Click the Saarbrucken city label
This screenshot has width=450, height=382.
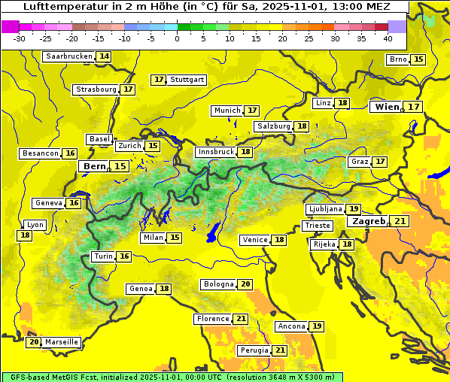(69, 56)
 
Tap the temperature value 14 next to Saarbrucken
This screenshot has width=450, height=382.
(104, 56)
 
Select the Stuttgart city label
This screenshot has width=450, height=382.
(187, 80)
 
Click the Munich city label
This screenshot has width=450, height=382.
(227, 111)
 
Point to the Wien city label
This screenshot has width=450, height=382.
(388, 107)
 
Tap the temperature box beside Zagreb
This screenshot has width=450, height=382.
(400, 221)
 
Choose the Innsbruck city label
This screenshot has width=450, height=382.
(215, 152)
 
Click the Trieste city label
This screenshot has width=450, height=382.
(317, 226)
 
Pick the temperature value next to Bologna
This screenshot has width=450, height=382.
(245, 284)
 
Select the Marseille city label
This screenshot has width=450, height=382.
(61, 342)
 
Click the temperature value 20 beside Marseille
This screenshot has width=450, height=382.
(33, 342)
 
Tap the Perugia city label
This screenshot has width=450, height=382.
(254, 350)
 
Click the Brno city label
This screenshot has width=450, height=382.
(397, 59)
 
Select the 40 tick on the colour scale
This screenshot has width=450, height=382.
(388, 38)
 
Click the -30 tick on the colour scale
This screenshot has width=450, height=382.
(20, 38)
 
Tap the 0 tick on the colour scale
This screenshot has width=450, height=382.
(177, 38)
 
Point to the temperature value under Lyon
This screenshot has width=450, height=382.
(26, 235)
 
